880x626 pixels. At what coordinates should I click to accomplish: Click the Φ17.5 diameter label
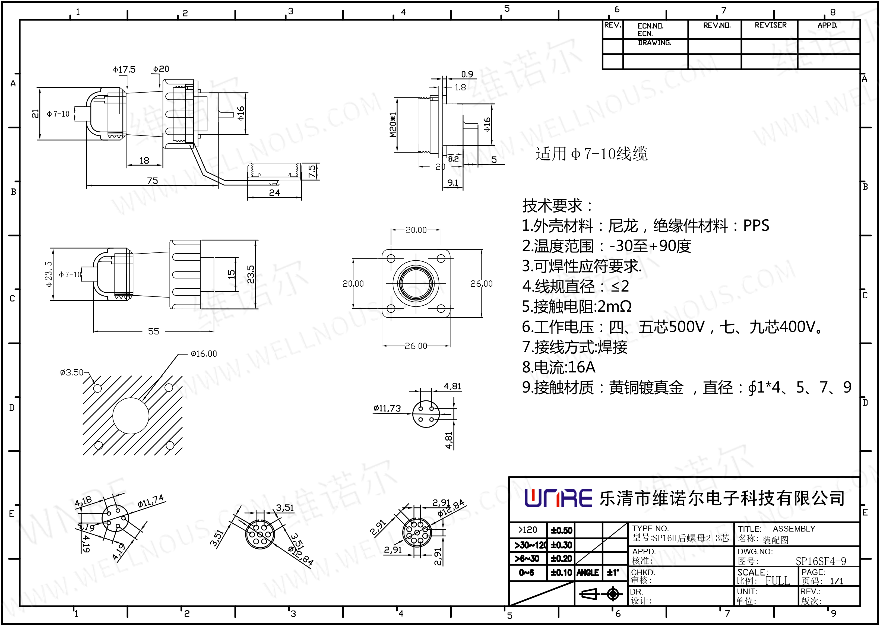124,69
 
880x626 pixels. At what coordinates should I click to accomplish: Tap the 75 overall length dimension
152,181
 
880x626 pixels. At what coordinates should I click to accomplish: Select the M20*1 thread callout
393,125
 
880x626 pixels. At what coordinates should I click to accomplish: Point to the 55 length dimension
153,331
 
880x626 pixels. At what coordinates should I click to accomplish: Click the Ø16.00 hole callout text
204,353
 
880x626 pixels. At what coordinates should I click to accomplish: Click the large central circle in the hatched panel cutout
131,416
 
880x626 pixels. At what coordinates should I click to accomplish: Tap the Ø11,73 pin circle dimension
387,408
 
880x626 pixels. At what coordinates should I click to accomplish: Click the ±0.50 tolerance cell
561,530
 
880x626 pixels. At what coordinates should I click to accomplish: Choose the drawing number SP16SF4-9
821,561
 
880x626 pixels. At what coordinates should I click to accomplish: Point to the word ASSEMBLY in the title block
794,529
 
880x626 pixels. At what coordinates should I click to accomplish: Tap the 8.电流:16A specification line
559,367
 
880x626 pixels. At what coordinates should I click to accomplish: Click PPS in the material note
756,226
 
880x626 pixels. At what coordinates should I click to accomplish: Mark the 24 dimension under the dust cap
274,192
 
